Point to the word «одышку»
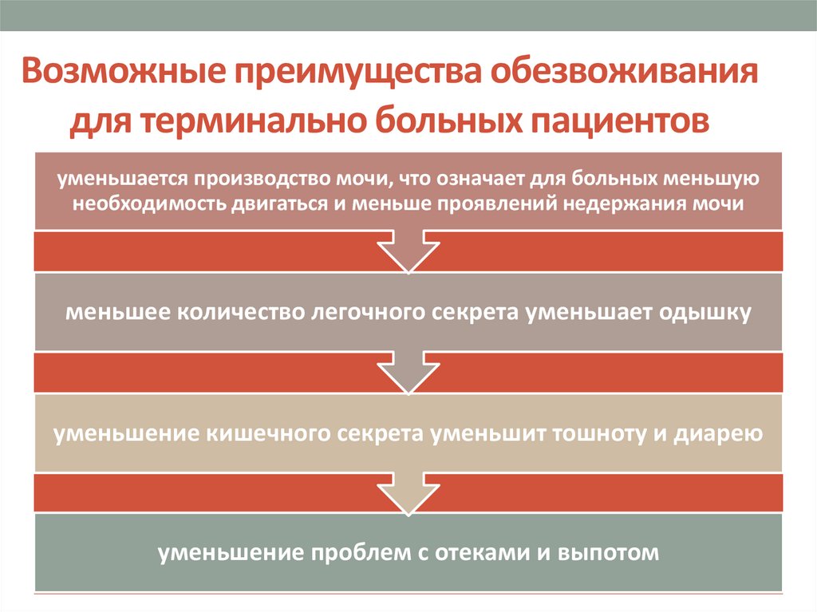(x=705, y=313)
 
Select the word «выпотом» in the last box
(x=614, y=553)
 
